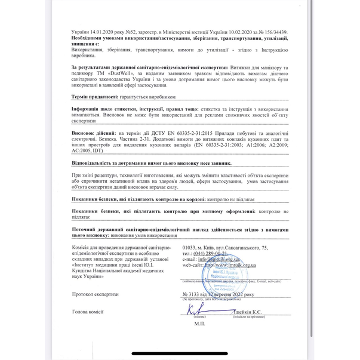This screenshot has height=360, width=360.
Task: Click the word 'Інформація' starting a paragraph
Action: pyautogui.click(x=87, y=110)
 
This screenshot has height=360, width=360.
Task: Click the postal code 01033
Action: pyautogui.click(x=192, y=247)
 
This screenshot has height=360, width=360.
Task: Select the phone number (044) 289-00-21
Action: pyautogui.click(x=203, y=253)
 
